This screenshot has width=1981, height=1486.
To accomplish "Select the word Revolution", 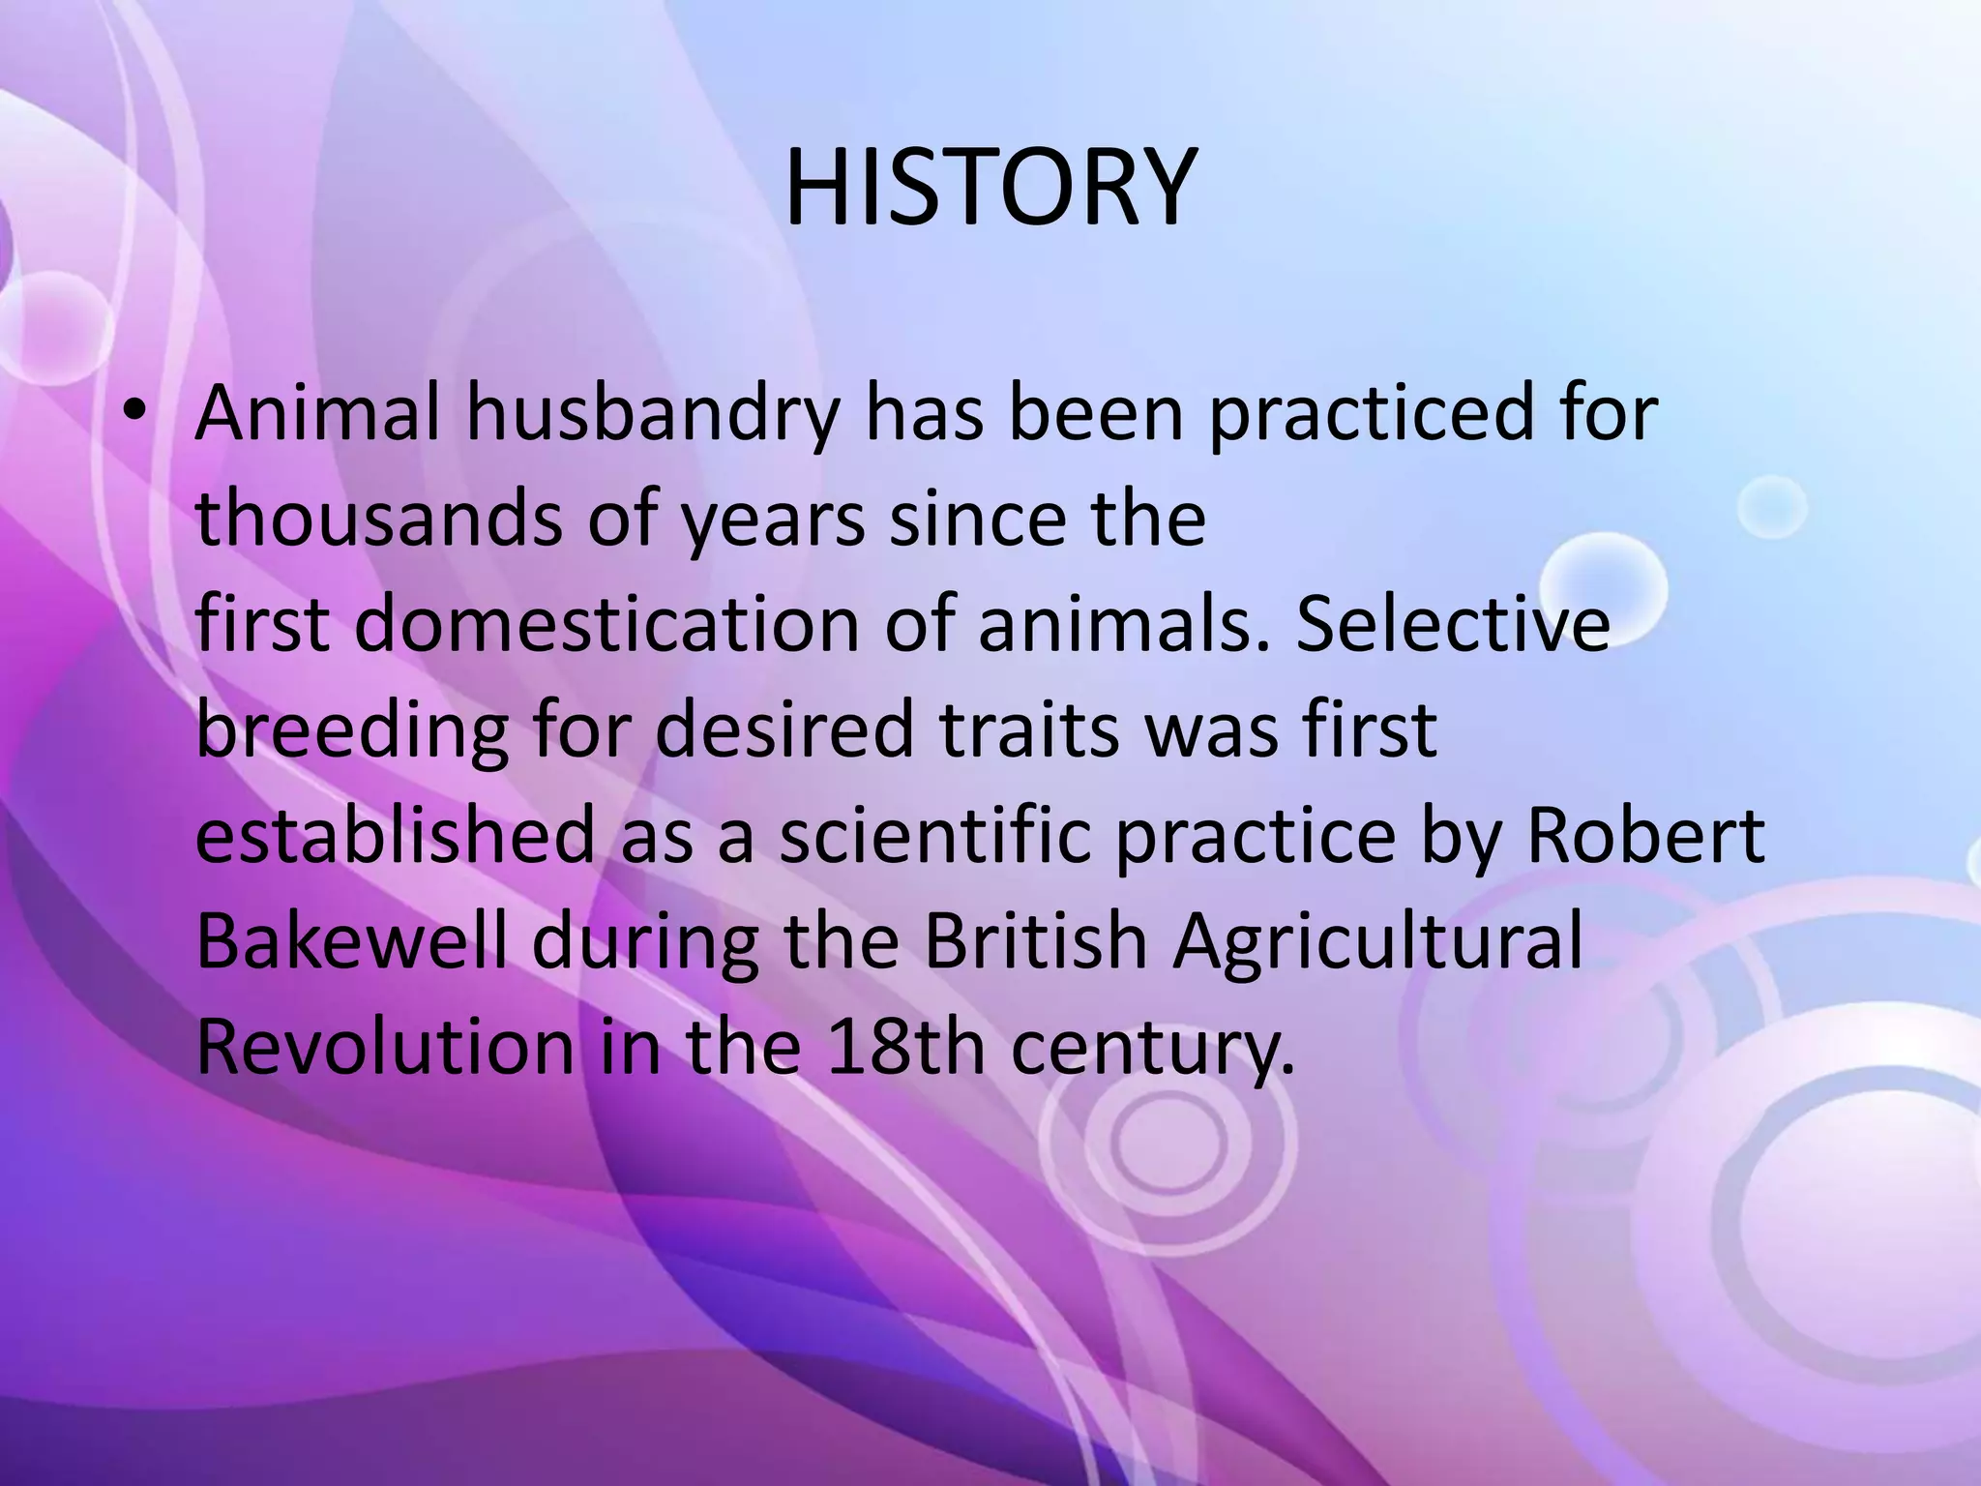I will [385, 1045].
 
